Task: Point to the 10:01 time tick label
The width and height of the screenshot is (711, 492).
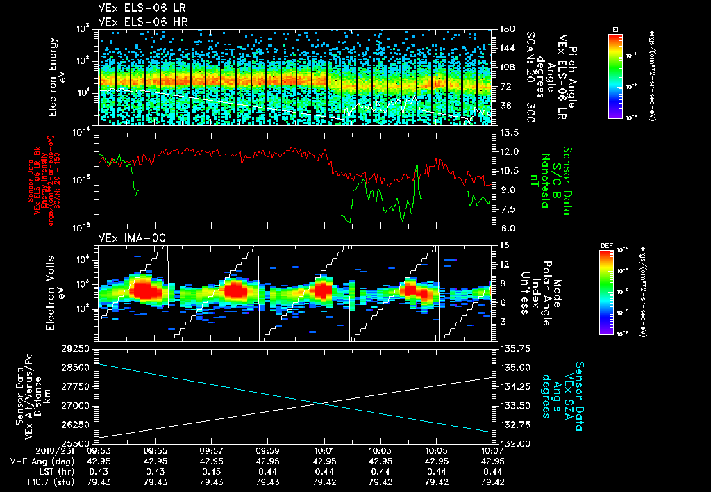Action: [x=324, y=450]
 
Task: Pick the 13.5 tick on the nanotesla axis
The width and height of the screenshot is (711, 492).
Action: [x=505, y=132]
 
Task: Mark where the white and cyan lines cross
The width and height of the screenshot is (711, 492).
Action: [x=320, y=403]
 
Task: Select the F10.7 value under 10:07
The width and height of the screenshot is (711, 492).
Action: [x=492, y=482]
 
